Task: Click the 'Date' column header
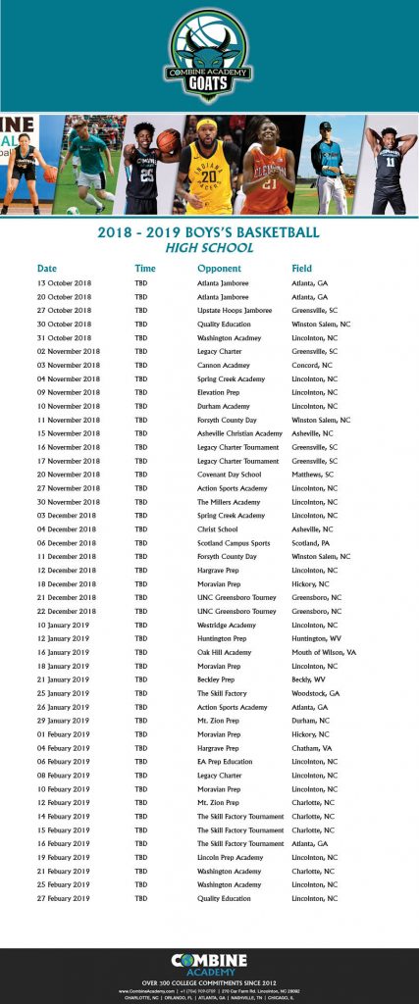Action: (x=47, y=268)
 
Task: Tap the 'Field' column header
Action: (x=301, y=268)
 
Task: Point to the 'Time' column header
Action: (x=145, y=268)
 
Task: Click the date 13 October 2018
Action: (x=64, y=282)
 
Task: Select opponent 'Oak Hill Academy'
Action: (x=224, y=652)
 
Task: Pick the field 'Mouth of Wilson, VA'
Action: (x=323, y=652)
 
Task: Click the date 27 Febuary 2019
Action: (x=63, y=898)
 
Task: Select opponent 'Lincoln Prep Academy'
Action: (x=230, y=857)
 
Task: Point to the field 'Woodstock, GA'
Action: (x=314, y=693)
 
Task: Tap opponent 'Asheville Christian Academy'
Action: (x=239, y=433)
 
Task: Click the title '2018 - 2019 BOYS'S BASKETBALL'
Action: (x=209, y=232)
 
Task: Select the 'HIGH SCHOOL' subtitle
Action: (x=209, y=248)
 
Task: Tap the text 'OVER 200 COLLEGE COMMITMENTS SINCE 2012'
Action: (x=209, y=982)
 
